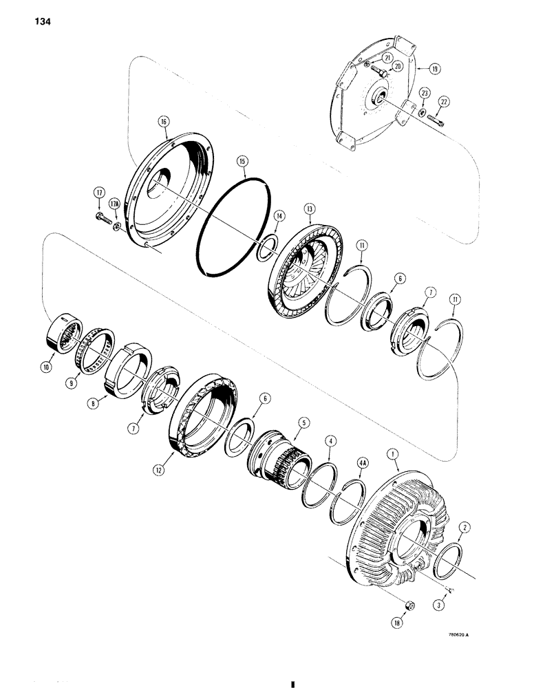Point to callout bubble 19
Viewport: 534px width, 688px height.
tap(436, 69)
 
